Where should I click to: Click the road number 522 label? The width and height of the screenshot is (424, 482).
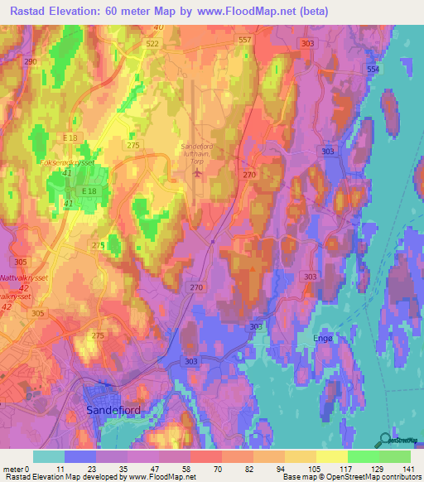pos(152,42)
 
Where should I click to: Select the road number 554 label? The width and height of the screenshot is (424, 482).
pos(373,70)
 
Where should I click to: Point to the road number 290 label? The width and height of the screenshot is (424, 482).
pos(31,62)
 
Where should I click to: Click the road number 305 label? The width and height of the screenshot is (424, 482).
pos(38,314)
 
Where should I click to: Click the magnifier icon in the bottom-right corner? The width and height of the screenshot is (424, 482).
pos(386,440)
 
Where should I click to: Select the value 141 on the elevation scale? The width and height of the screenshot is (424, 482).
pos(406,468)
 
